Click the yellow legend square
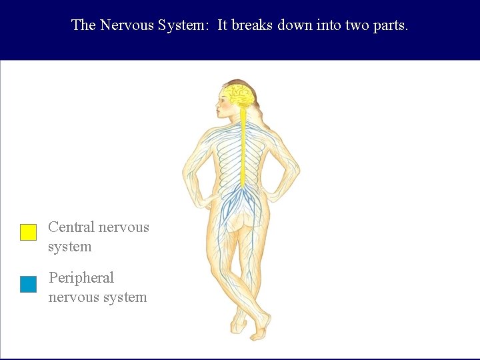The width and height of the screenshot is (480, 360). pos(28,232)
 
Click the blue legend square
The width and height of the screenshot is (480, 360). pos(28,285)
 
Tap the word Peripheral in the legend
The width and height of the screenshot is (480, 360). pos(81,278)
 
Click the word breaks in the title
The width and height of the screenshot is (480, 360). pos(253,25)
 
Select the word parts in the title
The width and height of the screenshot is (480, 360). pos(391,25)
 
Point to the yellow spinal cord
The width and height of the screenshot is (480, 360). pos(243,147)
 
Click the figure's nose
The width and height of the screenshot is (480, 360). pos(216,103)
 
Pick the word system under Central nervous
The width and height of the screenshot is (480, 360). pos(69,247)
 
